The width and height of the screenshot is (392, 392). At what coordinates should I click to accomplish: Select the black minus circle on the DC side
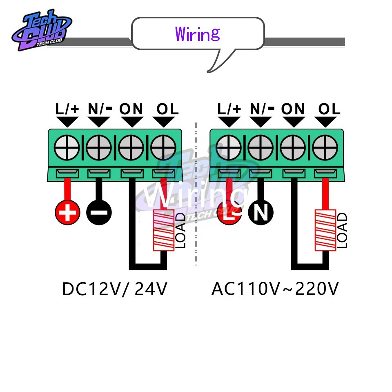98,212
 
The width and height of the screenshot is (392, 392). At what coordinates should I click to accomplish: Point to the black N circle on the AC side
262,212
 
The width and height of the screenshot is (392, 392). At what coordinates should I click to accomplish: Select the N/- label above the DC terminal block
100,109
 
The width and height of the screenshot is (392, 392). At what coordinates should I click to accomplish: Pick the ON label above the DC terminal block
131,109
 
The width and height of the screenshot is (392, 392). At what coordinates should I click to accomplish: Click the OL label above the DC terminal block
167,109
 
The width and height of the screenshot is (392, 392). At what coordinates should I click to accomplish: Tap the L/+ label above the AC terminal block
229,109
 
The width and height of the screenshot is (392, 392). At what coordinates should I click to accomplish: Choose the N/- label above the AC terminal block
262,109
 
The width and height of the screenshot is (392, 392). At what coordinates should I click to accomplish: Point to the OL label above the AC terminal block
329,109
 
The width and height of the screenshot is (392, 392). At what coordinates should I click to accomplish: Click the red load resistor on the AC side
325,230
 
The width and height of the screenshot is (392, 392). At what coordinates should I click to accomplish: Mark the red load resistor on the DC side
163,230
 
